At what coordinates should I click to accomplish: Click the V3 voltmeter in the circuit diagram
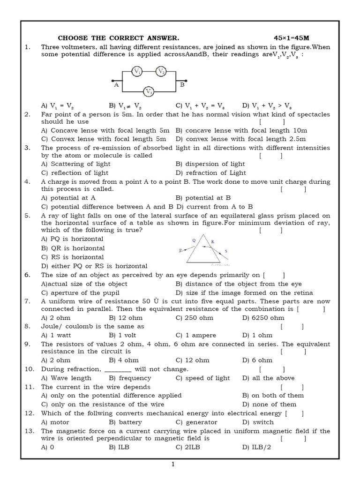point(149,91)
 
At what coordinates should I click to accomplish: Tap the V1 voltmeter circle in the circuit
point(137,71)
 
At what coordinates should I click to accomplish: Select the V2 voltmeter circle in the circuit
point(161,71)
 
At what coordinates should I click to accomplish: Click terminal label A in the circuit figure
point(116,85)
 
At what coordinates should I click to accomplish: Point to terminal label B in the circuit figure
point(182,85)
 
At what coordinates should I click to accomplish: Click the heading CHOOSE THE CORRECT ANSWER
point(118,37)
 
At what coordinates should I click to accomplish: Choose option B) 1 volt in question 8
point(124,335)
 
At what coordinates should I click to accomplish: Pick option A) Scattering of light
point(76,164)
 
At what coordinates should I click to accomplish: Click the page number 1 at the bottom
point(173,465)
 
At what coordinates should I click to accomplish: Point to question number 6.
point(27,275)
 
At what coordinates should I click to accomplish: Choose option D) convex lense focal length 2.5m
point(241,139)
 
